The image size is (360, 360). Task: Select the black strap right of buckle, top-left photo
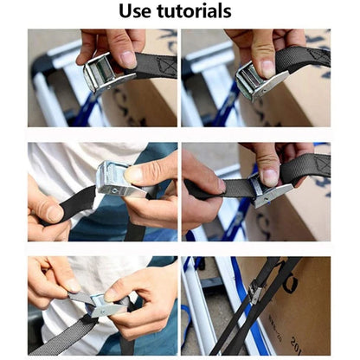point(156,62)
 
